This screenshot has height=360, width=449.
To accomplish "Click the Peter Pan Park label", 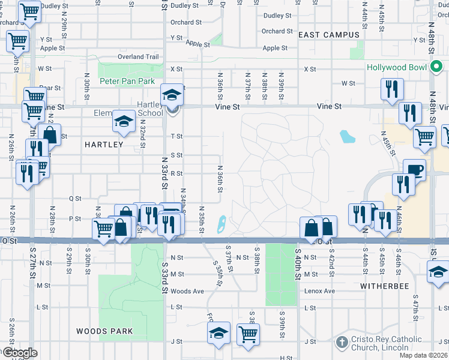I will pyautogui.click(x=127, y=81).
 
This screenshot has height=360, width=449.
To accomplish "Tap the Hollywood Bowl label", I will pyautogui.click(x=397, y=68).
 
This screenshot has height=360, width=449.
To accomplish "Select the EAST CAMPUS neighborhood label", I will pyautogui.click(x=328, y=35).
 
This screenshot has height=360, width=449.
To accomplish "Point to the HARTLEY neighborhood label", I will pyautogui.click(x=104, y=145).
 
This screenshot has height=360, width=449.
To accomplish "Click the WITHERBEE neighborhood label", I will pyautogui.click(x=385, y=287).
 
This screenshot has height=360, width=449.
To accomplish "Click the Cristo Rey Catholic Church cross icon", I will pyautogui.click(x=342, y=343).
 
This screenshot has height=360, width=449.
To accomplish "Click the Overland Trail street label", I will pyautogui.click(x=138, y=57).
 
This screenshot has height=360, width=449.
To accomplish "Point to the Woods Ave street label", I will pyautogui.click(x=187, y=291).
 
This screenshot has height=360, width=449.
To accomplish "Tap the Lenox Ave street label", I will pyautogui.click(x=320, y=291).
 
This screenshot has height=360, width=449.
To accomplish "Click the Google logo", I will pyautogui.click(x=19, y=353).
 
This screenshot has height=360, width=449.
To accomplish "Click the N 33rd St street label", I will pyautogui.click(x=164, y=173).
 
